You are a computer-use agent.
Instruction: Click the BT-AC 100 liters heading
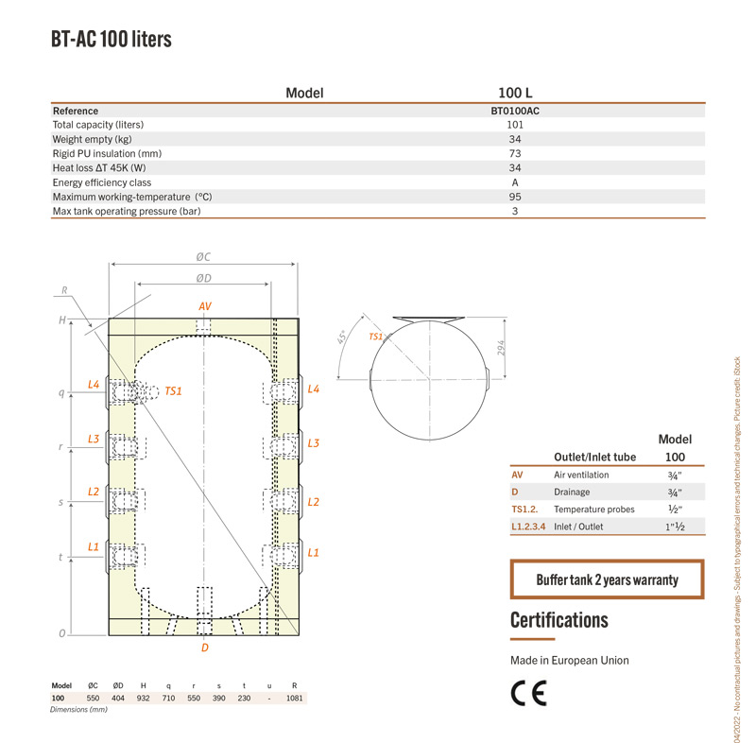click(112, 39)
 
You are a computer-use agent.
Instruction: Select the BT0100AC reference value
click(515, 111)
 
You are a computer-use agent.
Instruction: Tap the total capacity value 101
click(515, 125)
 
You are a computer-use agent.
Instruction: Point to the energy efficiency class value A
click(515, 182)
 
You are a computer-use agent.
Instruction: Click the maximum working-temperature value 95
click(515, 197)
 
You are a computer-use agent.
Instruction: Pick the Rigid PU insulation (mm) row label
click(107, 154)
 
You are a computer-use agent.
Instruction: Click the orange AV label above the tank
click(205, 306)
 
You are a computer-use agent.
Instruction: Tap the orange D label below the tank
click(205, 648)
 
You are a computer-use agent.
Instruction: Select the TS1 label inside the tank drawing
click(173, 391)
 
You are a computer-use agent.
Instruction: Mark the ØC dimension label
click(203, 257)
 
